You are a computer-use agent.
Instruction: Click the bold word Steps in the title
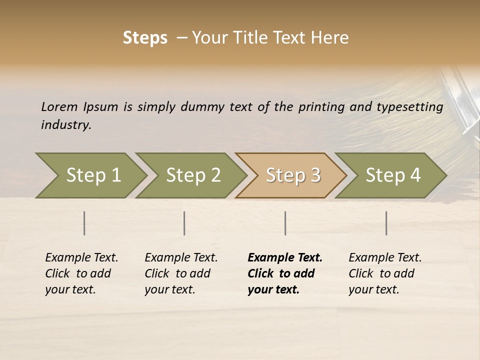click(145, 38)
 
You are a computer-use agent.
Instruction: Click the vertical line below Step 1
click(84, 223)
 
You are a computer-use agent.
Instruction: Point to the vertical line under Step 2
click(184, 223)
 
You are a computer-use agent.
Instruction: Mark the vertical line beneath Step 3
click(285, 223)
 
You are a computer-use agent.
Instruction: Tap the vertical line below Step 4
click(386, 223)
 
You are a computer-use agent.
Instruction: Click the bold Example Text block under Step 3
click(284, 273)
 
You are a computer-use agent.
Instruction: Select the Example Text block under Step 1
click(81, 273)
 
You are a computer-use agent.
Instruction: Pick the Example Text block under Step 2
click(180, 273)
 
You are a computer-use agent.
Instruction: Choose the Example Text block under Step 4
click(384, 273)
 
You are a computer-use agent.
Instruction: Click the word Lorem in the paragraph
click(59, 107)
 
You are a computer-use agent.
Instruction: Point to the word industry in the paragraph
click(65, 125)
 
